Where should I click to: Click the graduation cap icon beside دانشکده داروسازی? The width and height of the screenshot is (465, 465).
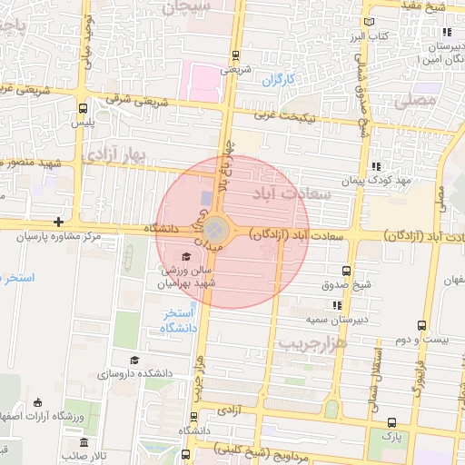[x=134, y=361]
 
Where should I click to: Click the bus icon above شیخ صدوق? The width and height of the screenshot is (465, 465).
[x=345, y=270]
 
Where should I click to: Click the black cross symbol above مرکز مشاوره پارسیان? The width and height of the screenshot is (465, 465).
[x=58, y=221]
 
